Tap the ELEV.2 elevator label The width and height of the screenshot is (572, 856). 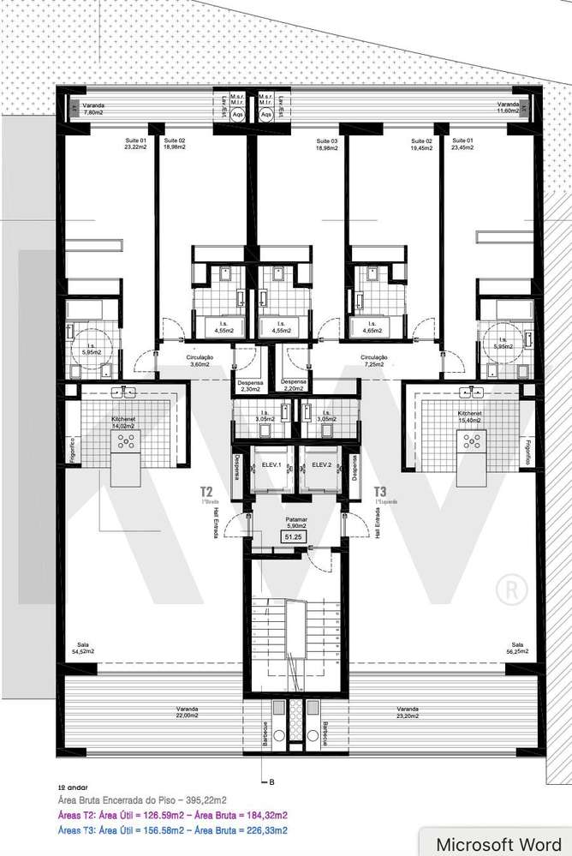click(322, 464)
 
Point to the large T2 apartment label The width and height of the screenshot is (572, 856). click(206, 492)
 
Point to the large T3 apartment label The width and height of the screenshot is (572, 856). click(381, 492)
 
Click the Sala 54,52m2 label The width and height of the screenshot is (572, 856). click(82, 649)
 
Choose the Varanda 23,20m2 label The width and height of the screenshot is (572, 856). click(408, 713)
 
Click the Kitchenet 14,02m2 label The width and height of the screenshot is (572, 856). click(124, 422)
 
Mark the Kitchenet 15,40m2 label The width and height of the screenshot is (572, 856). click(468, 422)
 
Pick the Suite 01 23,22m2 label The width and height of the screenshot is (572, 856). click(136, 144)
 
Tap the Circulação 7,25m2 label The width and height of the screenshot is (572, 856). click(374, 361)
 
